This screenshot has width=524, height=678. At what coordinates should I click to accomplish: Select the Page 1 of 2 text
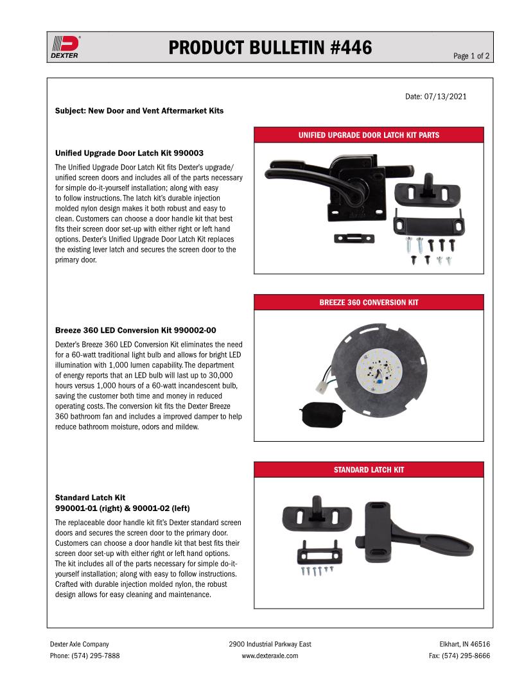click(x=471, y=56)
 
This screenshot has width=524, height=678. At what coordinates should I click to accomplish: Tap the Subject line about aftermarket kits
click(x=139, y=110)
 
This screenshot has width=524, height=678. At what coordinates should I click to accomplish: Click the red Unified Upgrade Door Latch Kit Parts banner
click(x=369, y=135)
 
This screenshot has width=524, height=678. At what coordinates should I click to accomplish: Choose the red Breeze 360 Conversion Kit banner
click(x=369, y=302)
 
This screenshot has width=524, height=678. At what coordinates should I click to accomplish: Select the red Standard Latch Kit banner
click(x=369, y=469)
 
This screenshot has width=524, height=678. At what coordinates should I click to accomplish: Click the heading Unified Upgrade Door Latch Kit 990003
click(x=129, y=153)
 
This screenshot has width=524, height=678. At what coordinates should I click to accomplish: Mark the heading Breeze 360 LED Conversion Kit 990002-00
click(x=135, y=330)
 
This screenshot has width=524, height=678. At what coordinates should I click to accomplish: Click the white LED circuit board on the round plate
click(x=378, y=373)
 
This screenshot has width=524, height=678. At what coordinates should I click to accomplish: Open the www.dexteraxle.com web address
click(x=270, y=656)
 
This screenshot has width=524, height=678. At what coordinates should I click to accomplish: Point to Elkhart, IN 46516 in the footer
click(x=464, y=644)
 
